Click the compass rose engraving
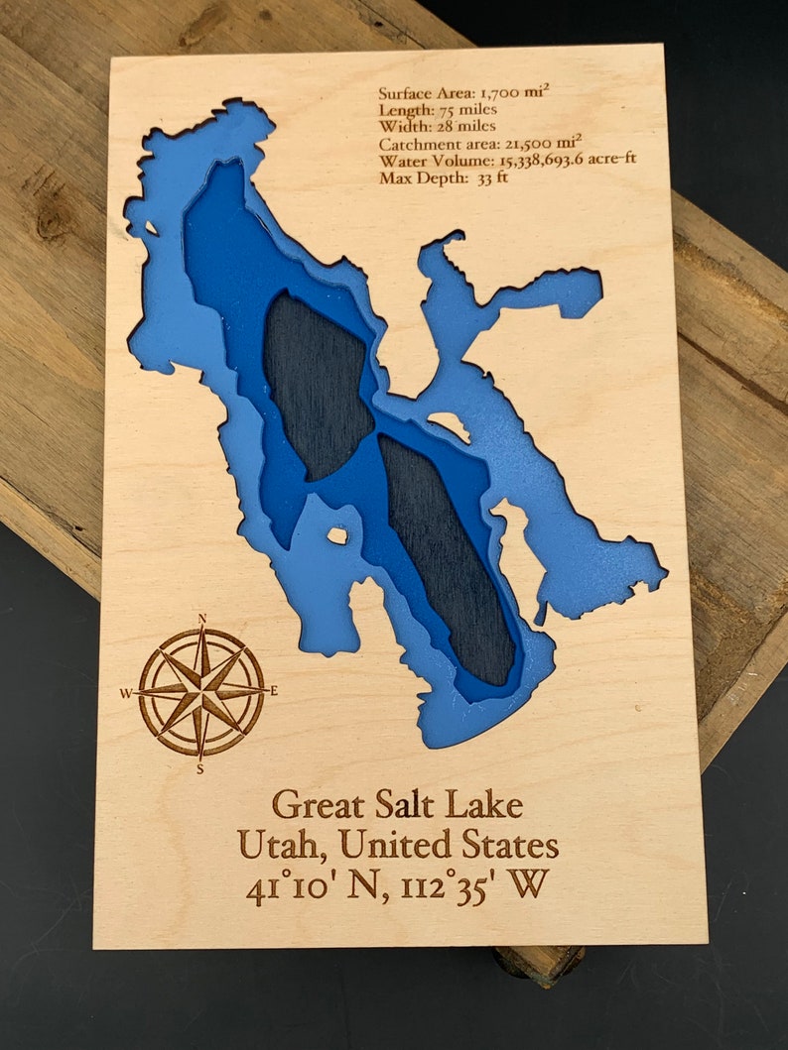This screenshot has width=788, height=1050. coord(201,692)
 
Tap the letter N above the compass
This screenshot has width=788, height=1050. coord(202,620)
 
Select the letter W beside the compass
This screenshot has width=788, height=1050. coord(126,694)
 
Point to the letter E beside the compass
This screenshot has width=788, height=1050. coord(274,691)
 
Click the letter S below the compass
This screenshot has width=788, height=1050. coord(200,767)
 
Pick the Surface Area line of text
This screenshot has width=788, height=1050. coord(463,93)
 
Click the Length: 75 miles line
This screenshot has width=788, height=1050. coord(438,110)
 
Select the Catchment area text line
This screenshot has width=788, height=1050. coord(465,144)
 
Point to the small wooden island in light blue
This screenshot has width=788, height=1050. coord(338,535)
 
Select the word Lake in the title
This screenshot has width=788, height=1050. coord(485,803)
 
